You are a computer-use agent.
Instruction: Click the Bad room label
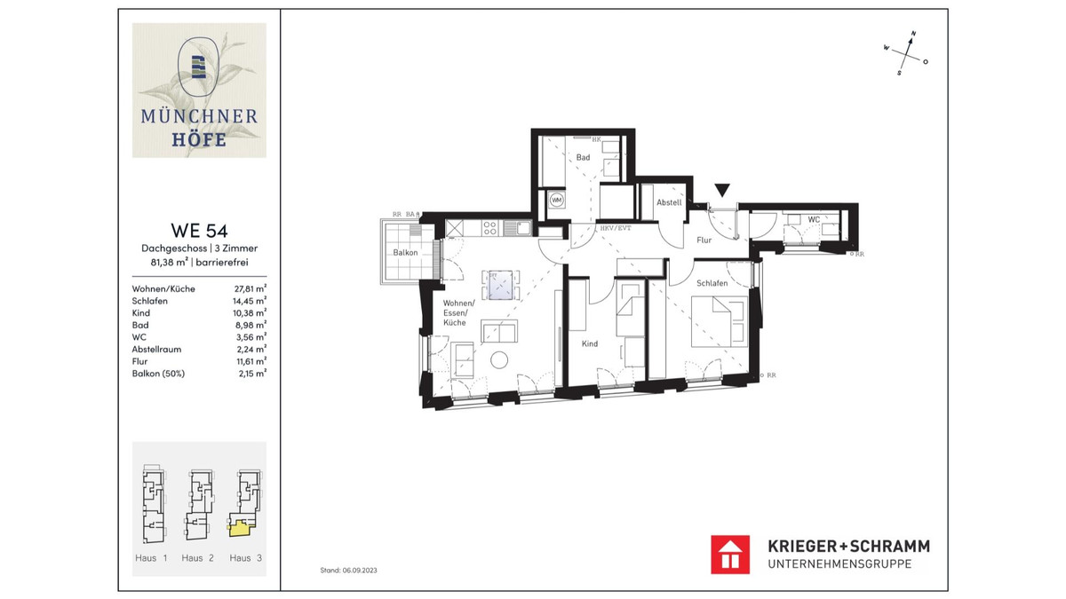(583, 157)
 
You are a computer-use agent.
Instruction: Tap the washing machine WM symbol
(557, 200)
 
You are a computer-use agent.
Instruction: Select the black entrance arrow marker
(723, 189)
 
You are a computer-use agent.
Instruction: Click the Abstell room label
(669, 202)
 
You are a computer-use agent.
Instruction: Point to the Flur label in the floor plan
(704, 240)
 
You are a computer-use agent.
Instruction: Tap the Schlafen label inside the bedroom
(712, 283)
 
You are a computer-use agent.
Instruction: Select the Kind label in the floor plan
(590, 343)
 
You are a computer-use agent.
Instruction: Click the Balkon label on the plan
(406, 253)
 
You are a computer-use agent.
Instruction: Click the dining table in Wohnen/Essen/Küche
(501, 285)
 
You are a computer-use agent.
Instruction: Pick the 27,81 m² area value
(250, 289)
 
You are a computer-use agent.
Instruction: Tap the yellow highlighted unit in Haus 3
(241, 528)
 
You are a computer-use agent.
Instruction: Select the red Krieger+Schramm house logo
(730, 554)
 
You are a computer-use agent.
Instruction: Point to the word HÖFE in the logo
(199, 139)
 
